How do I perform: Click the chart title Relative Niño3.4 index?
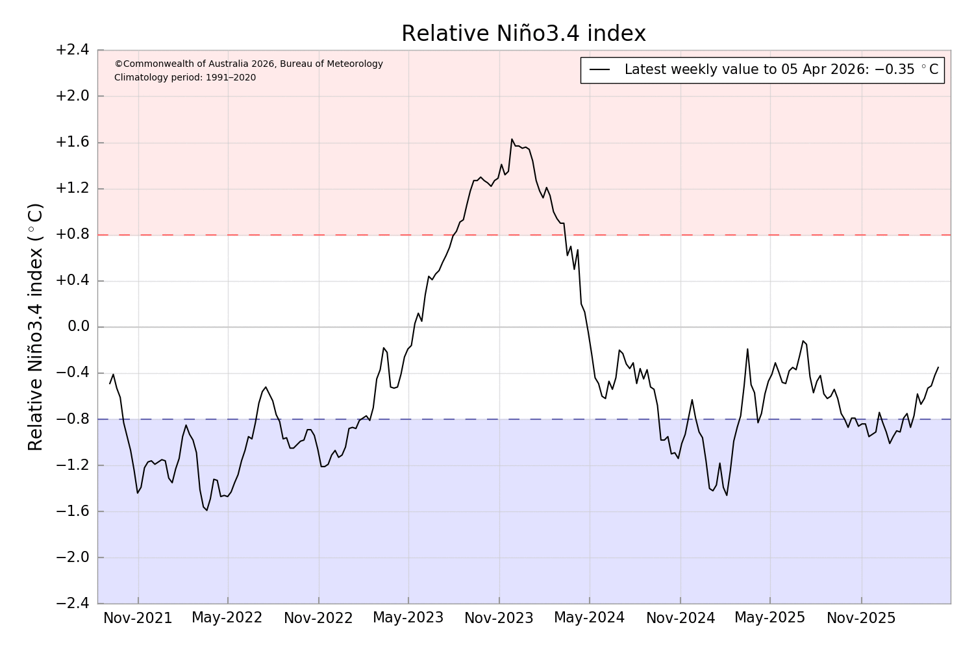[523, 34]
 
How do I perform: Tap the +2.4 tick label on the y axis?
[72, 50]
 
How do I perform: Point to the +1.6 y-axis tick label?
[72, 143]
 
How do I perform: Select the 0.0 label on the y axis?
[78, 326]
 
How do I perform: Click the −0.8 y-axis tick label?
[72, 419]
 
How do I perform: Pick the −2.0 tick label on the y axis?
[72, 557]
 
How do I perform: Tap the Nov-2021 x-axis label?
[138, 618]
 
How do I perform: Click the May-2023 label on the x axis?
[408, 618]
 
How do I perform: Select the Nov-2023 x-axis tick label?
[499, 618]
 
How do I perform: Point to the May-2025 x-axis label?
[769, 618]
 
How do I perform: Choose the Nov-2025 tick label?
[861, 618]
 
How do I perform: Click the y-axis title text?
[36, 326]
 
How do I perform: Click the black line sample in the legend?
[599, 70]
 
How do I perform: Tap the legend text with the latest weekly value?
[781, 70]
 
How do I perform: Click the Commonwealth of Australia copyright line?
[249, 64]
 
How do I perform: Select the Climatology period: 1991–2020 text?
[185, 78]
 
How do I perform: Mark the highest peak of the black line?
[512, 139]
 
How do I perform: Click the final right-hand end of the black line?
[938, 367]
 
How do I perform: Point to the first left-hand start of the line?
[110, 384]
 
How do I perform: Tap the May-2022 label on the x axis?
[227, 618]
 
